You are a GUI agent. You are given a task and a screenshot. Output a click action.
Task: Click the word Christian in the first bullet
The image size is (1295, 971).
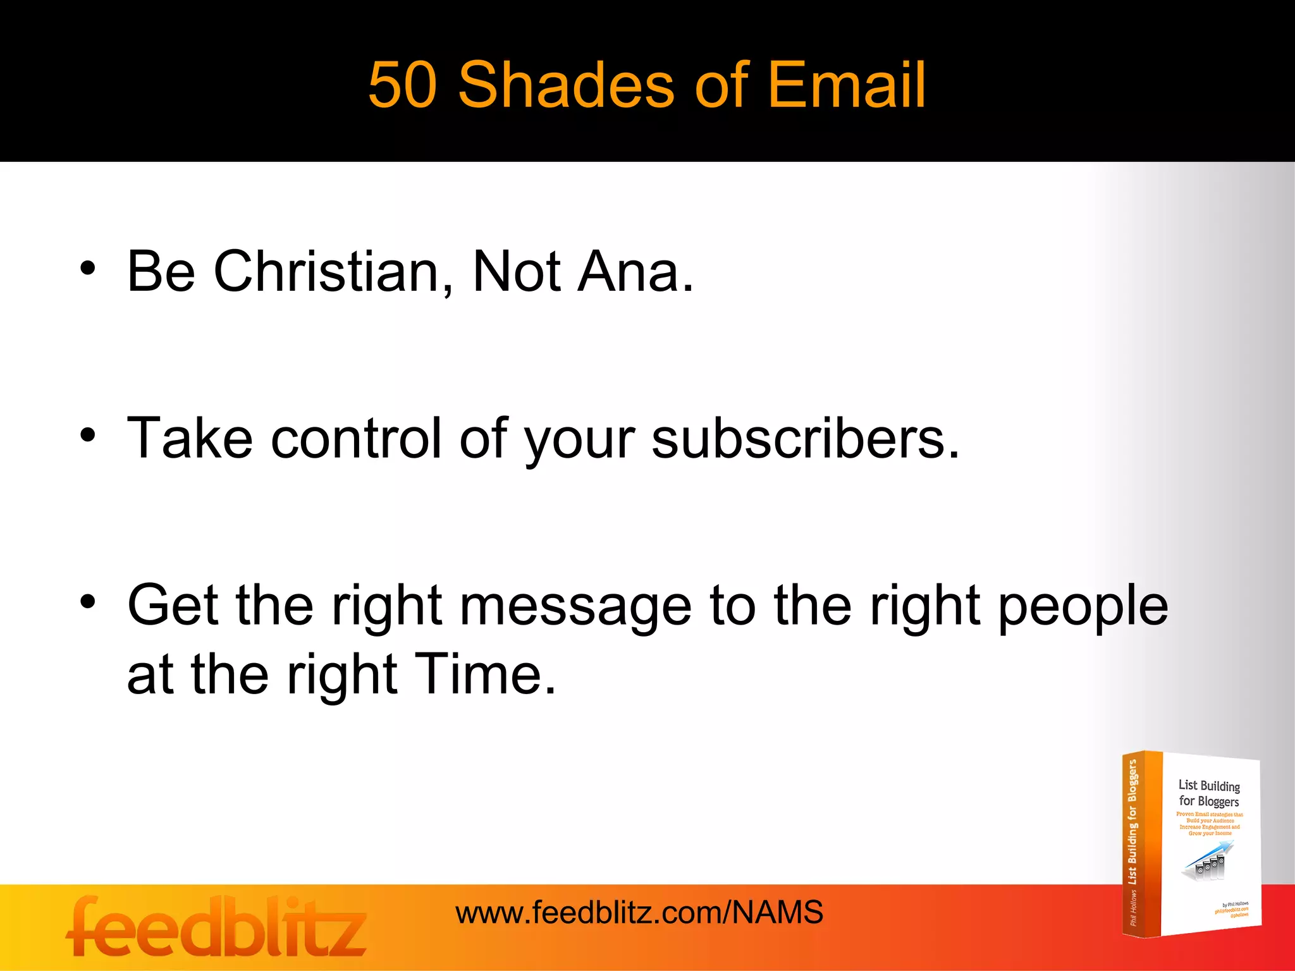pyautogui.click(x=326, y=271)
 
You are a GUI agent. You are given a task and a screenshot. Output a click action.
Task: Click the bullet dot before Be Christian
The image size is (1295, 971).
pyautogui.click(x=88, y=268)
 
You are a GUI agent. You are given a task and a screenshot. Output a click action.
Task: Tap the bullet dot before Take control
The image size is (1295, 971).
pyautogui.click(x=88, y=435)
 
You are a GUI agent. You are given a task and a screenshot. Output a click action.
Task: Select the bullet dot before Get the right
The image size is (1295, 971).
pyautogui.click(x=88, y=601)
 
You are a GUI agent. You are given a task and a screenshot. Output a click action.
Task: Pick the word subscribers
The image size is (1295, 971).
pyautogui.click(x=805, y=438)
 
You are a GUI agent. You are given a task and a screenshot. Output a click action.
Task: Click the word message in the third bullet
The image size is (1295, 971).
pyautogui.click(x=575, y=606)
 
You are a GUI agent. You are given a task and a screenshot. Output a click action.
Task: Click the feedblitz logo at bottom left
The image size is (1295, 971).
pyautogui.click(x=216, y=927)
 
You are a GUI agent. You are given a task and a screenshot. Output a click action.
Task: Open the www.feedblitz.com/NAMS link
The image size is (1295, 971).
pyautogui.click(x=639, y=912)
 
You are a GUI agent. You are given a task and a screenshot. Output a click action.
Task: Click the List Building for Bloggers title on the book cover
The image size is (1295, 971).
pyautogui.click(x=1208, y=793)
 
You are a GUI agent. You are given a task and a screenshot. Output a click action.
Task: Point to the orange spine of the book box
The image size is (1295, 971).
pyautogui.click(x=1141, y=844)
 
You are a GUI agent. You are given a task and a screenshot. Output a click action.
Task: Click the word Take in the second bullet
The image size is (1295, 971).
pyautogui.click(x=190, y=438)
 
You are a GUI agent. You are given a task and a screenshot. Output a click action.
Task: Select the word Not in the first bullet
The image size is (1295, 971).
pyautogui.click(x=516, y=271)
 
